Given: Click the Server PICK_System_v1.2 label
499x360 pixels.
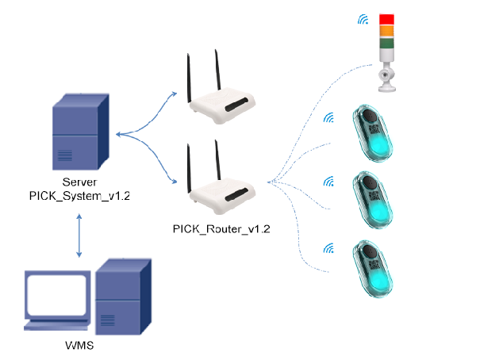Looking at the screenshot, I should click(79, 186).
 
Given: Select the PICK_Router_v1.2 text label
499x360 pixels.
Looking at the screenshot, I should click(222, 229).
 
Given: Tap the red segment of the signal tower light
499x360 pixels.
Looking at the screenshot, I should click(386, 18).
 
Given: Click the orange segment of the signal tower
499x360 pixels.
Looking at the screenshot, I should click(386, 31).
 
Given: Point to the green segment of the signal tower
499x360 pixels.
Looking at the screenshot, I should click(386, 44).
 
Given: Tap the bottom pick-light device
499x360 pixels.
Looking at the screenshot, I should click(374, 270).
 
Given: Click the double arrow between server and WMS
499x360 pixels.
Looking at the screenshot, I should click(79, 236).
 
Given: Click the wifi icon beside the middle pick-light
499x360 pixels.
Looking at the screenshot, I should click(328, 181).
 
